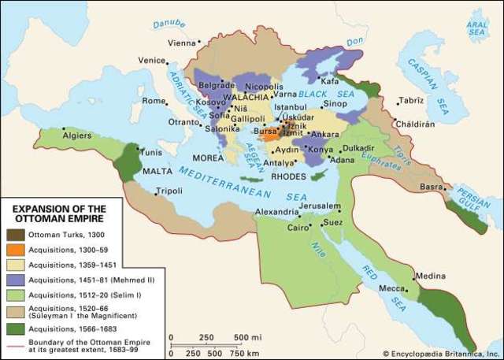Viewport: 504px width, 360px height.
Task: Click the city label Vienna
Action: [x=179, y=43]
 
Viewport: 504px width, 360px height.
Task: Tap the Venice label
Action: [x=153, y=61]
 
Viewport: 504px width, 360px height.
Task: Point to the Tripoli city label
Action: [x=168, y=191]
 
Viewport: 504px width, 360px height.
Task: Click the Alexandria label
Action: [x=276, y=212]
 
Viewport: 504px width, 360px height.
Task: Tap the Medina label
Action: [x=429, y=276]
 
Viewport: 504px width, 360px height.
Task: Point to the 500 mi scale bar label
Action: [x=248, y=337]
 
